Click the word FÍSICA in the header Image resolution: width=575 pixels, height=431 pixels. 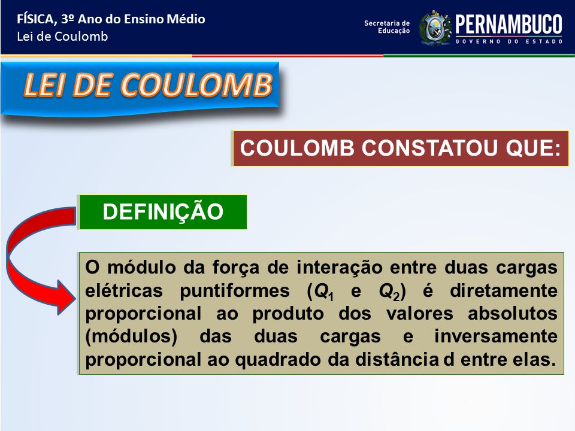pos(36,19)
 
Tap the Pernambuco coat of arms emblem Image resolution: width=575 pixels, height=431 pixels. pos(435,28)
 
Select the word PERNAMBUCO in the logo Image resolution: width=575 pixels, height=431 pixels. pos(509,25)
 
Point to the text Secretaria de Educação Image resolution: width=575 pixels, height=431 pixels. pos(387,27)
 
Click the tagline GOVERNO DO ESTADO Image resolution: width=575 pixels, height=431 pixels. pos(509,41)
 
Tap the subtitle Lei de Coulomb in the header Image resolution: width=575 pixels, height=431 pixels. pos(62,37)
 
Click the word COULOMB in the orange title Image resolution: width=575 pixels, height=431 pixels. pos(196,85)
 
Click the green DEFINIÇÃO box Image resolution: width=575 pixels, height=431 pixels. pos(163,212)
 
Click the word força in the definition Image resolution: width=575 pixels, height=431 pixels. pos(236,268)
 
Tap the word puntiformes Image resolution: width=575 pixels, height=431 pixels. pos(235,291)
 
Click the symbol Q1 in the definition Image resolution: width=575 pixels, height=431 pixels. pos(324,292)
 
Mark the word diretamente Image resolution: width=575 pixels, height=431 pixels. pos(504,291)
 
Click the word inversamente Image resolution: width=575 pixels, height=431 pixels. pos(496,336)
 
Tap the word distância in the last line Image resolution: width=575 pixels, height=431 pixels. pos(397,360)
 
